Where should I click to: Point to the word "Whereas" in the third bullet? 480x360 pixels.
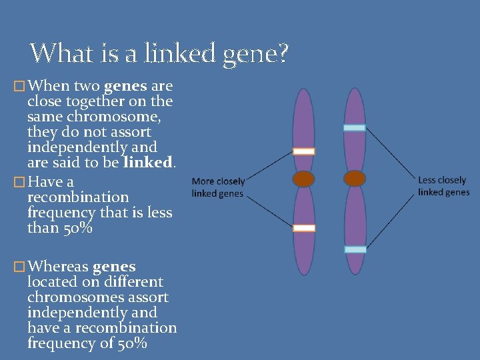[57, 267]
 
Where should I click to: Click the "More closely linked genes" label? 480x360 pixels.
[218, 187]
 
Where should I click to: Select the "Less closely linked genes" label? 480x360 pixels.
[443, 186]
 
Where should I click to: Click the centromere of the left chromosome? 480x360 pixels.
[304, 179]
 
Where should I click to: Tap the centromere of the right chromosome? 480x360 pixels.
[355, 179]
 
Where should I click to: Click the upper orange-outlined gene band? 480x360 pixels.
[304, 151]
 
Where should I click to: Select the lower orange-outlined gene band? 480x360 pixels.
[304, 228]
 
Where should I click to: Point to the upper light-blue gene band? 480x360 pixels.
[355, 127]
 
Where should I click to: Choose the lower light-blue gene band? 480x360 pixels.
[355, 249]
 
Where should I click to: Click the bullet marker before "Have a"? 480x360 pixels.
[19, 182]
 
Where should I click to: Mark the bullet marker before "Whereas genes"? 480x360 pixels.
[19, 267]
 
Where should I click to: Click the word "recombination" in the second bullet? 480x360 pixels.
[78, 197]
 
